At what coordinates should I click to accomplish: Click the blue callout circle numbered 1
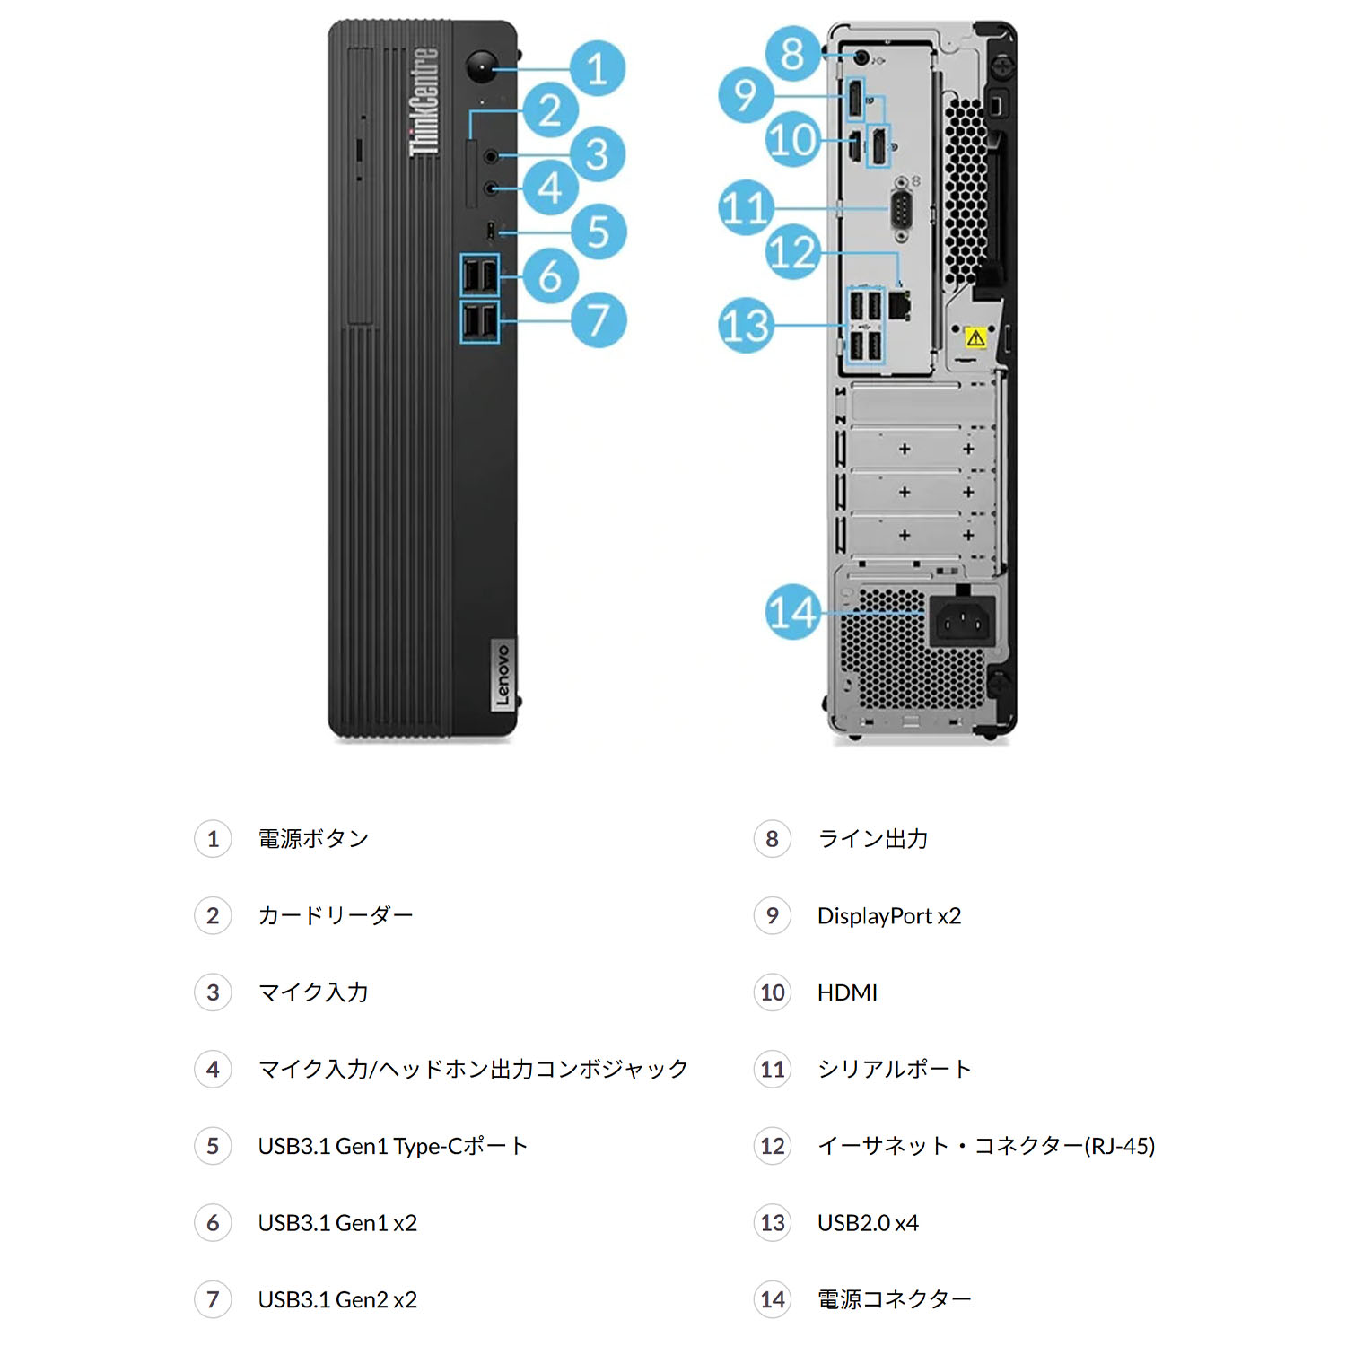tap(597, 68)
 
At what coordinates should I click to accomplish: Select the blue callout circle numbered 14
tap(793, 612)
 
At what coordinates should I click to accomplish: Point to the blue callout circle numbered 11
tap(746, 207)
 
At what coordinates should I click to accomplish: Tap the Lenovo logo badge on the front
tap(503, 675)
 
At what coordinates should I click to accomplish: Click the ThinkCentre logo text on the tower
tap(424, 101)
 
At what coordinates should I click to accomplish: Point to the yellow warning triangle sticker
tap(976, 338)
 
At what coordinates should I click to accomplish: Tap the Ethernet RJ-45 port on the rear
tap(900, 305)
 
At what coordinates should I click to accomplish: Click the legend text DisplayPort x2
tap(888, 915)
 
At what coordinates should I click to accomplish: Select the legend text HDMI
tap(847, 992)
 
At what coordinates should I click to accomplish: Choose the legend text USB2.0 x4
tap(868, 1222)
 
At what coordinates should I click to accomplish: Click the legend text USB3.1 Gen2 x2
tap(337, 1299)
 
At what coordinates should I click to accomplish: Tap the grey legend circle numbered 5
tap(213, 1146)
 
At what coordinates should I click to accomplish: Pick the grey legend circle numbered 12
tap(772, 1146)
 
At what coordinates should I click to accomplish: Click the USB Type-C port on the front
tap(490, 231)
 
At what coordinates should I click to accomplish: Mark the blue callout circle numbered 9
tap(746, 95)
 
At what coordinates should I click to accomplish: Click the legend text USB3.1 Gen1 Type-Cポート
tap(392, 1146)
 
